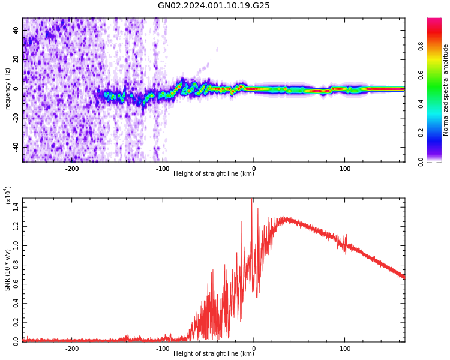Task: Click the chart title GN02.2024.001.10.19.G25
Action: tap(214, 6)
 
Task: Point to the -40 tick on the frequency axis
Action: tap(16, 147)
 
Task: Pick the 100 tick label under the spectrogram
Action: tap(345, 169)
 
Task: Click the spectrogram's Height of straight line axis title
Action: tap(214, 174)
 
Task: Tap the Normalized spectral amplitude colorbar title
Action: tap(446, 90)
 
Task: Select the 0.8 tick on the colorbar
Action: tap(439, 46)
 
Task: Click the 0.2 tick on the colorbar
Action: tap(439, 133)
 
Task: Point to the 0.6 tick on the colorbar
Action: tap(439, 74)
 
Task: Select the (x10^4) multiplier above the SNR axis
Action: tap(8, 196)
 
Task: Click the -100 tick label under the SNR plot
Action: tap(163, 349)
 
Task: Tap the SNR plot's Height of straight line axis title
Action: tap(214, 354)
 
